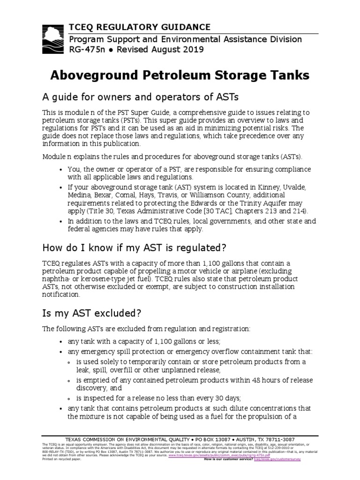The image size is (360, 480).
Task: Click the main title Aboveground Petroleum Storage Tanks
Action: click(180, 75)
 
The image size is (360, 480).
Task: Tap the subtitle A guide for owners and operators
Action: click(141, 97)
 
